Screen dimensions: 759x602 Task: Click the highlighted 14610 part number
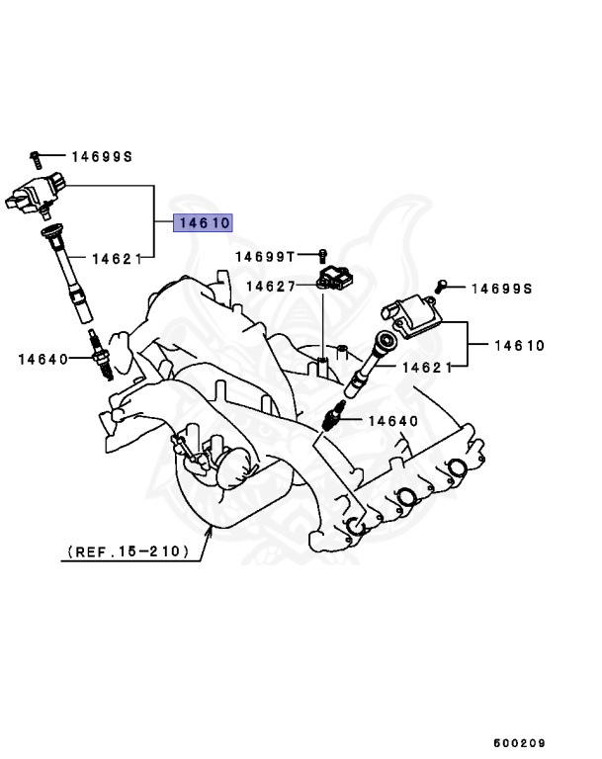[x=203, y=223]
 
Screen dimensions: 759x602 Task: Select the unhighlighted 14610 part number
[x=519, y=346]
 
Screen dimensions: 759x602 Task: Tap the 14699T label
[x=265, y=257]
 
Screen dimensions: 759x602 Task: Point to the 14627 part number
[x=270, y=286]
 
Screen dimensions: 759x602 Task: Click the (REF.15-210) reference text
[x=129, y=550]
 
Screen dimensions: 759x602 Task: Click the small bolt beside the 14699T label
[x=322, y=257]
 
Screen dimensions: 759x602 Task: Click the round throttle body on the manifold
[x=234, y=464]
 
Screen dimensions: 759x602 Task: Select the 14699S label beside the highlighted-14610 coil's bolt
[x=101, y=156]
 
